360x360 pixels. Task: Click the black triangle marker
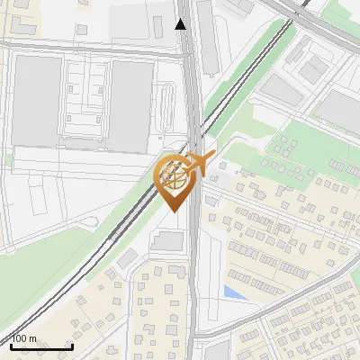point(181,24)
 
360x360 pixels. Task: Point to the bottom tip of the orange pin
point(175,212)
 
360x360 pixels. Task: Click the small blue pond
point(233,292)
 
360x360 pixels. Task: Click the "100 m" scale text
point(23,338)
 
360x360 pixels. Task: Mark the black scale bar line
point(41,346)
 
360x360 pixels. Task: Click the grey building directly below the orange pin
point(167,240)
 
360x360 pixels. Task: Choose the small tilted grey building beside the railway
point(127,259)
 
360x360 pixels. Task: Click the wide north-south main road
point(195,270)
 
